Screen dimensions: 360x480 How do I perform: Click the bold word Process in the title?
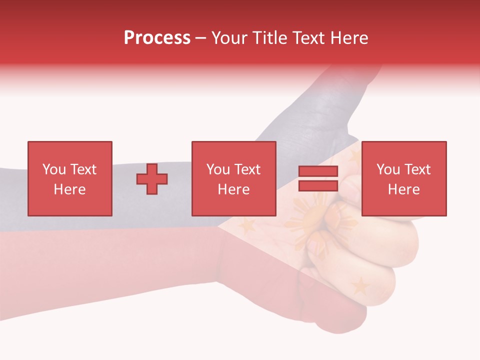(157, 38)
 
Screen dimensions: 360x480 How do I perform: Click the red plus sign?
(152, 179)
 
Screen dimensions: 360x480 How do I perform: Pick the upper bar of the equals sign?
(318, 171)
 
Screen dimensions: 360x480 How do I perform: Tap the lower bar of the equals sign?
(318, 186)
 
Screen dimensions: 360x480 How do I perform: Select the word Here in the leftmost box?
(69, 189)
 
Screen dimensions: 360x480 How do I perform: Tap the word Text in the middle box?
(247, 169)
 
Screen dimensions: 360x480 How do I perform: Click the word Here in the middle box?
(233, 189)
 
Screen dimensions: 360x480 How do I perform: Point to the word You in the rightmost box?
(388, 169)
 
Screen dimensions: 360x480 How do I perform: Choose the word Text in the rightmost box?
(417, 169)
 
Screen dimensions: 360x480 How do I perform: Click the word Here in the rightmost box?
(403, 189)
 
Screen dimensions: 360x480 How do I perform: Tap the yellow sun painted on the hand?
(310, 220)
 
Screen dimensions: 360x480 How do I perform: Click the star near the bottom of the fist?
(360, 286)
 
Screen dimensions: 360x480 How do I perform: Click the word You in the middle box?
(218, 169)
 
